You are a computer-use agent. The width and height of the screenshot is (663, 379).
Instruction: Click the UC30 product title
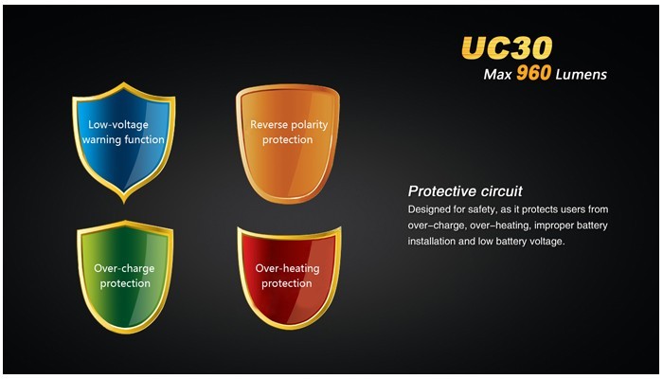coord(507,47)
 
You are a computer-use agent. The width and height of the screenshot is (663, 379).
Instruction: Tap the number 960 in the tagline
coord(533,74)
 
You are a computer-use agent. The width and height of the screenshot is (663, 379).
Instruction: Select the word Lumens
coord(582,75)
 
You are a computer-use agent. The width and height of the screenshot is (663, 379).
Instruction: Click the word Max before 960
coord(497,75)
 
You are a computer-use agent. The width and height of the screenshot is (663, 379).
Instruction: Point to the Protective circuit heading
coord(465,191)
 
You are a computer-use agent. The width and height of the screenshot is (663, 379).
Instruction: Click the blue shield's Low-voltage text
coord(118,125)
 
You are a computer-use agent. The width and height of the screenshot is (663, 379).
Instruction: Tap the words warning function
coord(123,139)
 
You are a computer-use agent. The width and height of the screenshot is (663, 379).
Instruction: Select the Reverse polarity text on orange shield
coord(289,125)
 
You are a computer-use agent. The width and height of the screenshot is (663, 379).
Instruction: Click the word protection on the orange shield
coord(288,140)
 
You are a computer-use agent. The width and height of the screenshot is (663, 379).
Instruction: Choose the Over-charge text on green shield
coord(124,269)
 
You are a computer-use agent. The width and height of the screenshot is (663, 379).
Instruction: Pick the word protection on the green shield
coord(125,283)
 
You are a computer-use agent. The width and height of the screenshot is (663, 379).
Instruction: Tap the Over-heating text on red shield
coord(287,268)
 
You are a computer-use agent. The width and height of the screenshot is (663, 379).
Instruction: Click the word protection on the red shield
coord(287,283)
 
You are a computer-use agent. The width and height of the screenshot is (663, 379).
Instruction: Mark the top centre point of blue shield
coord(123,82)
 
